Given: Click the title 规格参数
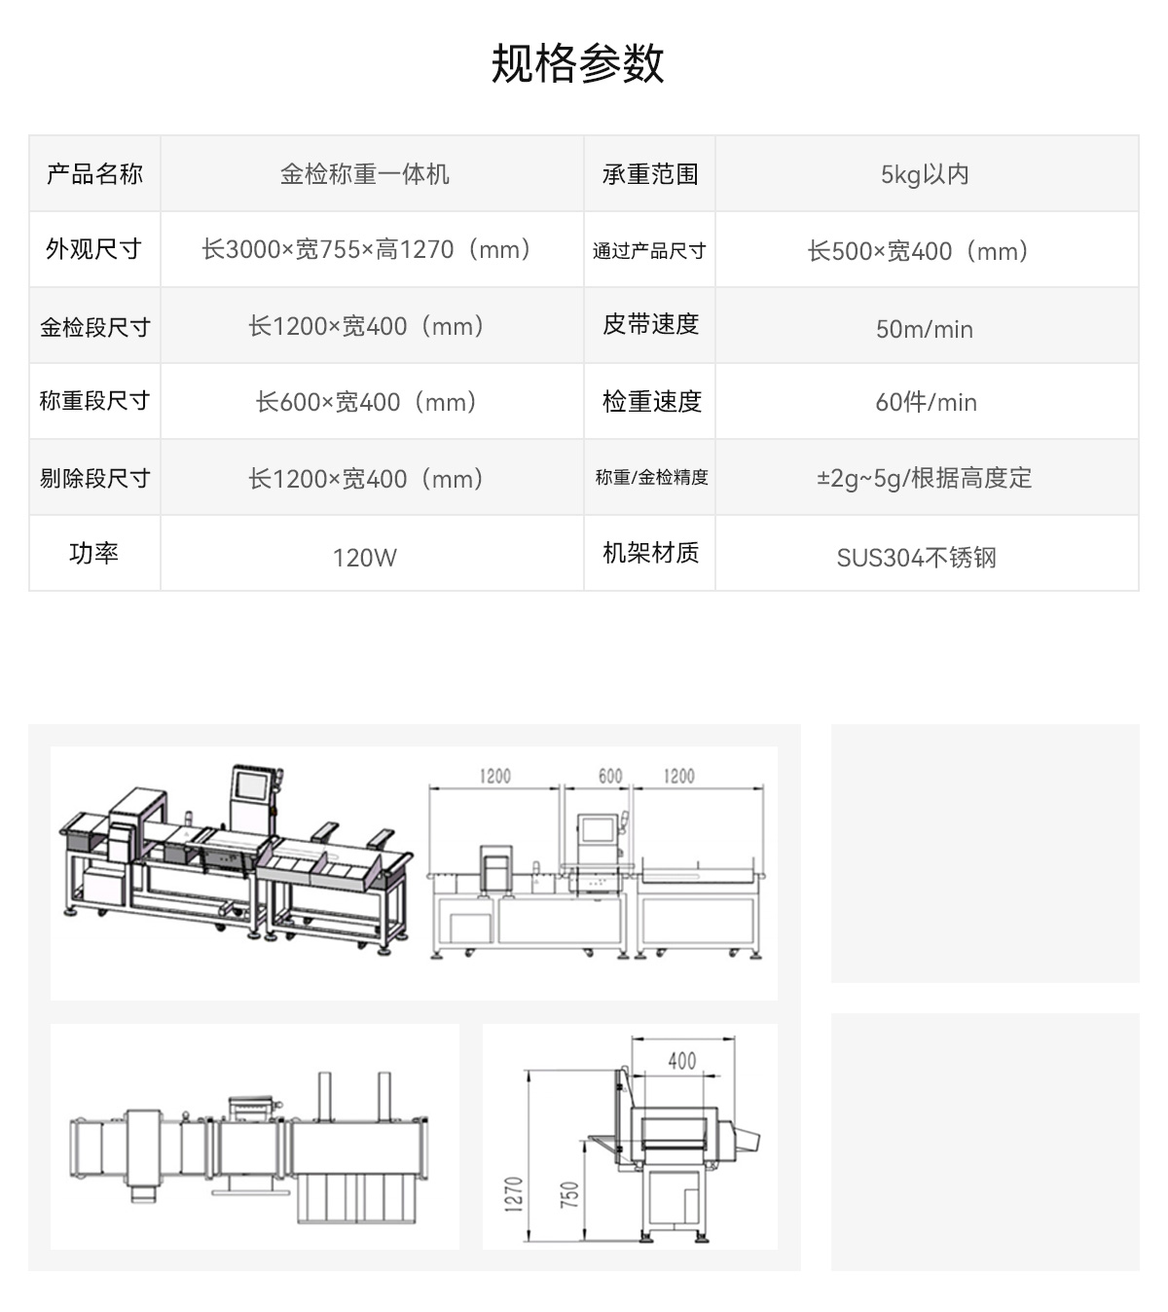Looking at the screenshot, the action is coord(577,63).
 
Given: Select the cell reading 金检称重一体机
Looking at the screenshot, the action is coord(365,174).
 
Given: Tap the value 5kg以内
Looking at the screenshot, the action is coord(925,175).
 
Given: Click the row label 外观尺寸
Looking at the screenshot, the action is coord(94,248).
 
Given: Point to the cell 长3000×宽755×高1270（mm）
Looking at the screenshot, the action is coord(366,249).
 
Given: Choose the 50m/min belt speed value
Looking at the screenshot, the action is coord(925,330).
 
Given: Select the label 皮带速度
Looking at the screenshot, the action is coord(650,324).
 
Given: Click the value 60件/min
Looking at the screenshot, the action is coord(926,402).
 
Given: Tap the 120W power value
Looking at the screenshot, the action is coord(365,558).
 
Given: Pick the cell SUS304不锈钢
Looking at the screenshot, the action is coord(916,558).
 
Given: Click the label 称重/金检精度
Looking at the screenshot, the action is coord(651,477).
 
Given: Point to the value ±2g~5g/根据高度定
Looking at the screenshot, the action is coord(924,479).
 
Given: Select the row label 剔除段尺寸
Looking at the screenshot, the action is coord(95,478).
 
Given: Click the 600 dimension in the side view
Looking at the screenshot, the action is coord(610,776).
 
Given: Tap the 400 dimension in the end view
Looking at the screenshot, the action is coord(682,1061).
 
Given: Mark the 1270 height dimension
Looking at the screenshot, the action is coord(513,1194).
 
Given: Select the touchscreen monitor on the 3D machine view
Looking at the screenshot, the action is coord(251,785).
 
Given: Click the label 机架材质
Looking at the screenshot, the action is coord(650,553).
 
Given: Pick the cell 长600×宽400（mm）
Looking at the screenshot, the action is coord(366,402).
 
